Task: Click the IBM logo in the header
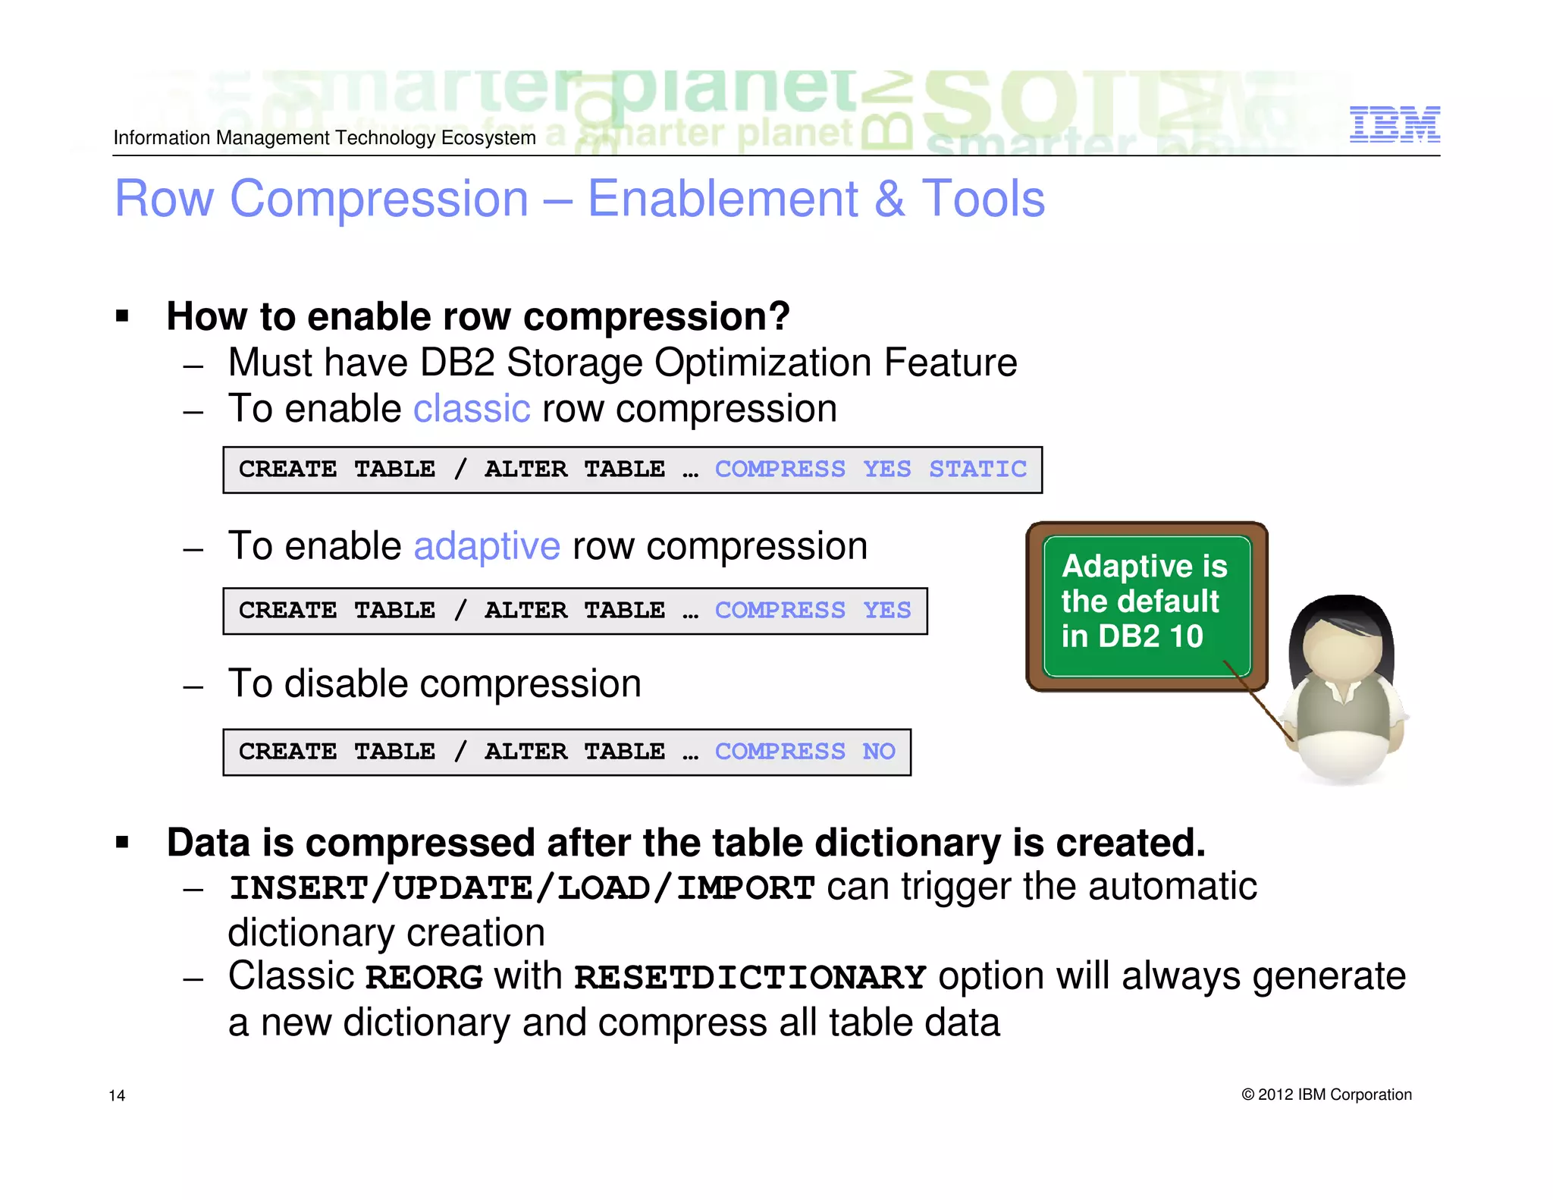tap(1394, 124)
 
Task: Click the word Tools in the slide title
tap(983, 199)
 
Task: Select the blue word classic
tap(471, 409)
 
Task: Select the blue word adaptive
tap(487, 546)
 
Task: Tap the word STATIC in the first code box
tap(977, 469)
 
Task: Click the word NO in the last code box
tap(878, 751)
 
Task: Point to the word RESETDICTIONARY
tap(749, 977)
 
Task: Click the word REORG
tap(423, 977)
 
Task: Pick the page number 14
tap(117, 1095)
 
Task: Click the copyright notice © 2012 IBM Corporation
tap(1326, 1095)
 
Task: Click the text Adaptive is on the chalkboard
tap(1144, 566)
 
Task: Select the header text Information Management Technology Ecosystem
tap(325, 138)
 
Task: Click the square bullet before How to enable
tap(122, 316)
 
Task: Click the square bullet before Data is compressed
tap(122, 842)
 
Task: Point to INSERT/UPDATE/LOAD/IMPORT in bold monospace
tap(522, 888)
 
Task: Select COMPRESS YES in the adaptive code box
tap(812, 610)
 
